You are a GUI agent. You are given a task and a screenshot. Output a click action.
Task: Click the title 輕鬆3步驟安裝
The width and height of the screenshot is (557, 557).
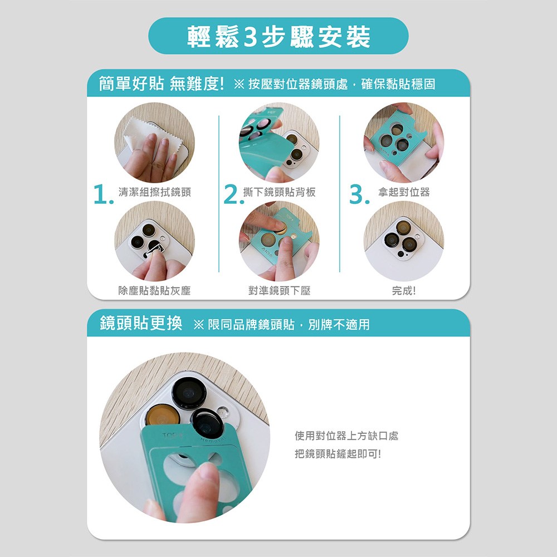(x=278, y=37)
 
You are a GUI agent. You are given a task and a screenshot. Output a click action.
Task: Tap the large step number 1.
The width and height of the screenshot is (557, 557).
(x=104, y=194)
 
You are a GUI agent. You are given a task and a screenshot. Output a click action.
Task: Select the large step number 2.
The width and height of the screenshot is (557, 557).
(x=234, y=194)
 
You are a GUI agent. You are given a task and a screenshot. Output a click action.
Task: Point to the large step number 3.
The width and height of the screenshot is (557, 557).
(x=359, y=194)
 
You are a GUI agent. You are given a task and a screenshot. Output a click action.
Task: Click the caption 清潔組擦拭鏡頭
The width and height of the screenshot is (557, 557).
(x=154, y=192)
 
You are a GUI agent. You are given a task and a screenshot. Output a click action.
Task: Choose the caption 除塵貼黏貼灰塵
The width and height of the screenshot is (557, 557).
(x=154, y=291)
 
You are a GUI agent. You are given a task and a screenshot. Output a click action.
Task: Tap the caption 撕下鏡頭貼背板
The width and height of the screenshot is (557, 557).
(x=279, y=192)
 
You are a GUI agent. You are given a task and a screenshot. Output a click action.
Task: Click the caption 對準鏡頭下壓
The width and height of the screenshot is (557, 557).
(x=279, y=291)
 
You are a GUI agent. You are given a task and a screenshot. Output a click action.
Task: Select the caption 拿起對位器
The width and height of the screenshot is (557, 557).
(x=404, y=192)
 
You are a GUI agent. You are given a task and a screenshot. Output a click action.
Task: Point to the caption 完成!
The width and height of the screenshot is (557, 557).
(x=404, y=291)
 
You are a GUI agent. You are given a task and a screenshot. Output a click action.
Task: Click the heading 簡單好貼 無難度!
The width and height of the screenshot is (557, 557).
(x=162, y=84)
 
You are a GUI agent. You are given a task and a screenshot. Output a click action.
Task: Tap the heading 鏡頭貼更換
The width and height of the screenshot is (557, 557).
(x=141, y=324)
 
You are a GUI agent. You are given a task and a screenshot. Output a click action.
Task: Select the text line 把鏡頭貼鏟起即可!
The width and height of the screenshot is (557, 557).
(x=338, y=453)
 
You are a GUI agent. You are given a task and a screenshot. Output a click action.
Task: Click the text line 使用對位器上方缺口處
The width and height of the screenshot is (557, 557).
(x=346, y=436)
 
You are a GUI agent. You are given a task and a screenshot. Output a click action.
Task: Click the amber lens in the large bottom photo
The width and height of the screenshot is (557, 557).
(x=163, y=416)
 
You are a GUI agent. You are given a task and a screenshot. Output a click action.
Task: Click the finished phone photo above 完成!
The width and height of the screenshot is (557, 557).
(x=403, y=241)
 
